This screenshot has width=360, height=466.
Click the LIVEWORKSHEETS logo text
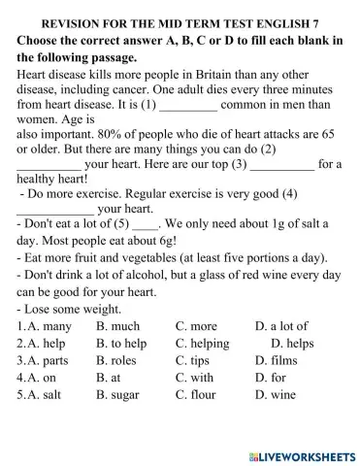click(x=300, y=453)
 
